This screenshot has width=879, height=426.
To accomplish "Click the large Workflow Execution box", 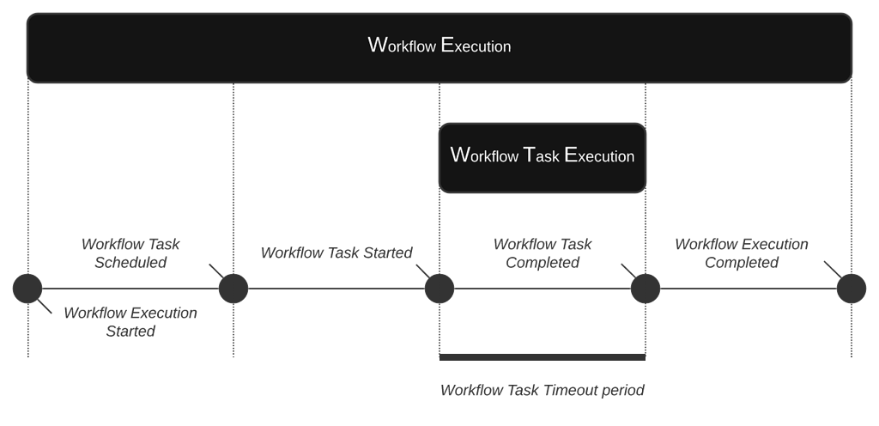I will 439,47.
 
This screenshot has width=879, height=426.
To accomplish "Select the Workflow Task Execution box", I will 542,157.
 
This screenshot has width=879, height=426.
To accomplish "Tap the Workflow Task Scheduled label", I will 130,253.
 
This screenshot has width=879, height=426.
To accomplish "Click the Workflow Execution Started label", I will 130,322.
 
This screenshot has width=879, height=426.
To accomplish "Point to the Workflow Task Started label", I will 336,253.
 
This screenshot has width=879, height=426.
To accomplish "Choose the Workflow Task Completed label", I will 543,253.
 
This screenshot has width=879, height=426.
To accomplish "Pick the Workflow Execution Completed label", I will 741,253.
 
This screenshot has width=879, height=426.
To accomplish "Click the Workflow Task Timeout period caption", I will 542,391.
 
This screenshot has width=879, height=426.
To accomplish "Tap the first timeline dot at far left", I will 27,289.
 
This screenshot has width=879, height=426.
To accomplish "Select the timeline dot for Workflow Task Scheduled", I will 233,289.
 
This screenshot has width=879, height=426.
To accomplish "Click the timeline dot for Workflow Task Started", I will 439,289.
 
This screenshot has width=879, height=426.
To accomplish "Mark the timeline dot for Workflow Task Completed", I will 646,289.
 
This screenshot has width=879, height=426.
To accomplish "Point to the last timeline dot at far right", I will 852,289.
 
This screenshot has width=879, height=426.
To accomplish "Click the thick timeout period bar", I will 542,356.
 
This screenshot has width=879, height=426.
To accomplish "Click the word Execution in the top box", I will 476,46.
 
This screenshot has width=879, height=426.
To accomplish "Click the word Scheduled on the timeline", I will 130,263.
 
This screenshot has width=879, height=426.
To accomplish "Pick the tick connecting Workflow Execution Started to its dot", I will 45,306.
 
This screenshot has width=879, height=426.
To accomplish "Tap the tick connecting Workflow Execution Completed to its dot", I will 832,270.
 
